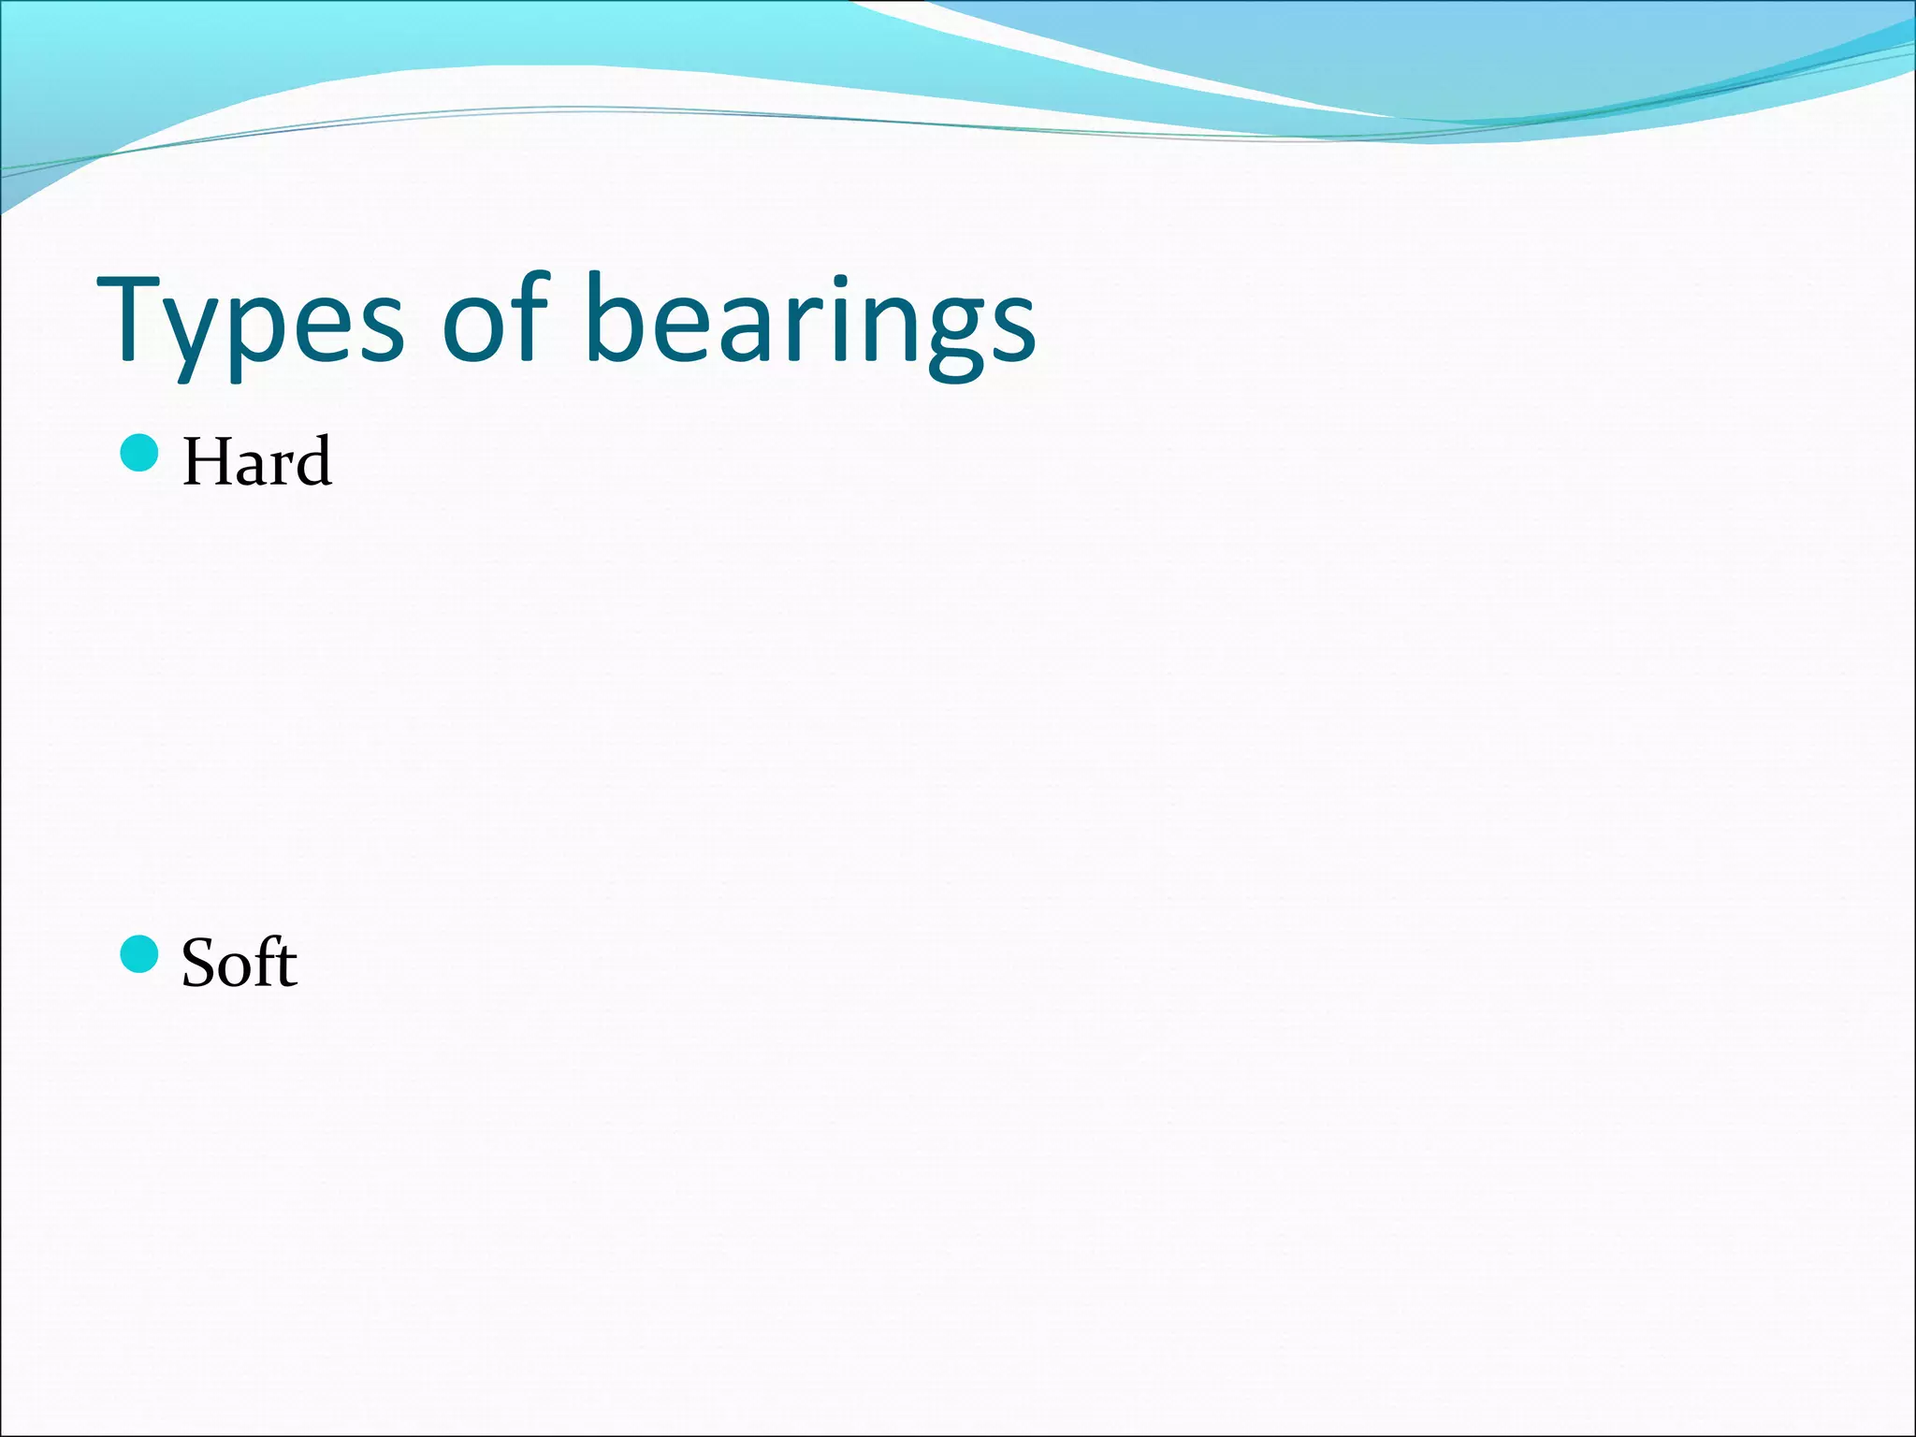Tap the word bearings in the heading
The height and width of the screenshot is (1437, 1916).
810,323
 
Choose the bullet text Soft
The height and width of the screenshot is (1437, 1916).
239,963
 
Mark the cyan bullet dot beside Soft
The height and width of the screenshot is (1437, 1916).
139,954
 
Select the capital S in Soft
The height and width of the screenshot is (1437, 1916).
199,964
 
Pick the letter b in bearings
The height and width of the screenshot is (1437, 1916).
615,318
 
